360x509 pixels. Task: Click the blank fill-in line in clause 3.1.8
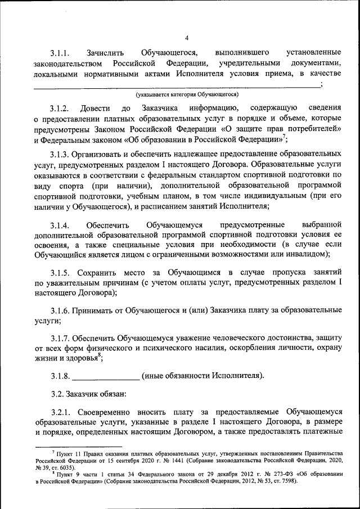click(x=106, y=376)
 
